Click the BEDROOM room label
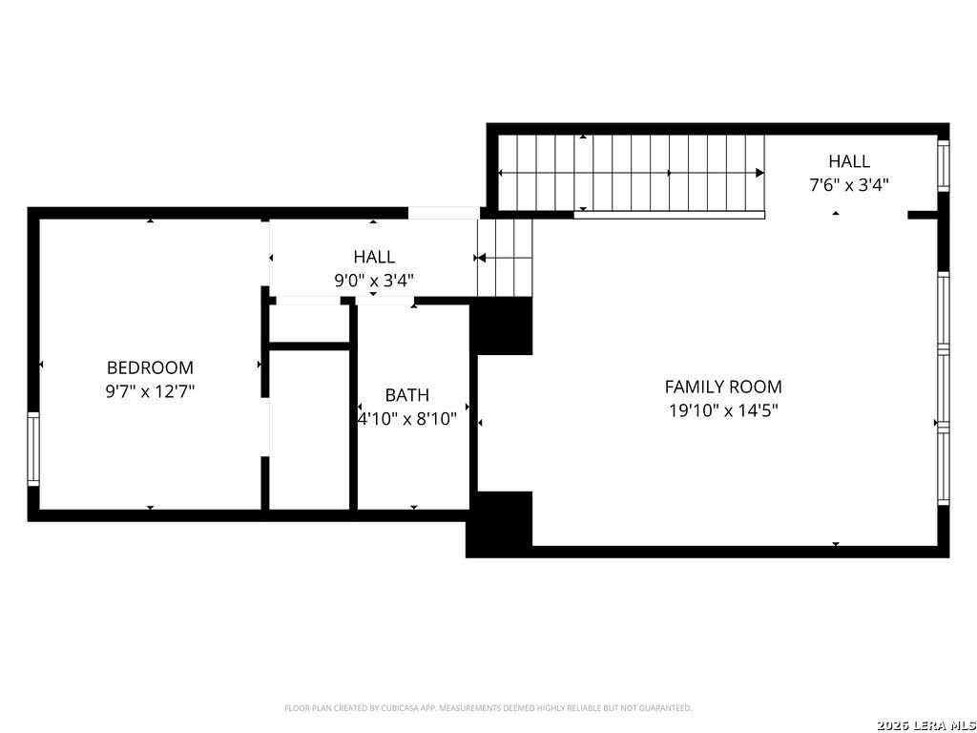tap(150, 367)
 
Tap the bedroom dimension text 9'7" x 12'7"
tap(150, 391)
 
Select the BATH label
tap(406, 394)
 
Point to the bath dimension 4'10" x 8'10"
tap(406, 419)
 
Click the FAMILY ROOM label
tap(723, 387)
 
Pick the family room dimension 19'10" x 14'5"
tap(723, 410)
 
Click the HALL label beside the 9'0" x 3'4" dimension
tap(374, 256)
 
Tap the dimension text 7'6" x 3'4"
tap(848, 185)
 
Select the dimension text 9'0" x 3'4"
tap(374, 281)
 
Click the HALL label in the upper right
tap(848, 160)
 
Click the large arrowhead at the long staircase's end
tap(759, 173)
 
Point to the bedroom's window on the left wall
tap(33, 449)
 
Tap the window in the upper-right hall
tap(944, 165)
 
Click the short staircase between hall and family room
tap(505, 258)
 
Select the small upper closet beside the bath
tap(308, 324)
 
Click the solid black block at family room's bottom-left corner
tap(499, 524)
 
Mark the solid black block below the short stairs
tap(502, 326)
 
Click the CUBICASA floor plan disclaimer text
tap(488, 708)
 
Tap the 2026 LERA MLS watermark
tap(925, 725)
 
